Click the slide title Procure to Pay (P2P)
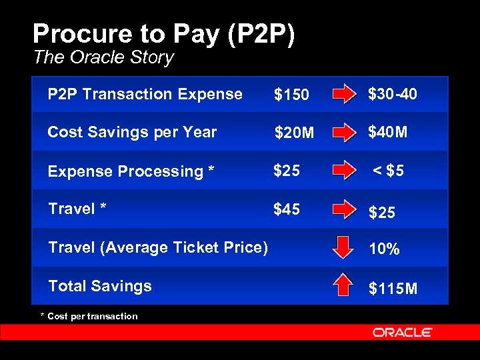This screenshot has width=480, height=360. [x=163, y=35]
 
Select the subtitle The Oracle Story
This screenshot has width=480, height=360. [x=103, y=57]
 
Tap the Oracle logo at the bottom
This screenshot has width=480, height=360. [x=402, y=332]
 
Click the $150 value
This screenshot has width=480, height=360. [x=291, y=95]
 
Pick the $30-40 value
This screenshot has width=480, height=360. [x=393, y=94]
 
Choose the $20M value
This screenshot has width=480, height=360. [x=294, y=133]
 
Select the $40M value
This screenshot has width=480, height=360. [x=387, y=132]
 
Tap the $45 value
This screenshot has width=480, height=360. [x=287, y=209]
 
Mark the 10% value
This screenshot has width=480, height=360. [x=384, y=249]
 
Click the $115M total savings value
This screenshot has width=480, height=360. [x=393, y=289]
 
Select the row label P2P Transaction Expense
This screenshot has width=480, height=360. [x=145, y=94]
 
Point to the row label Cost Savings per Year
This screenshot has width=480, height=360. [x=132, y=132]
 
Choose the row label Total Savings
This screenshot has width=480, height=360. [x=100, y=286]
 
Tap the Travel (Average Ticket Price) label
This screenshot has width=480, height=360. [x=158, y=247]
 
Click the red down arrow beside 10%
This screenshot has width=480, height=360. [x=343, y=247]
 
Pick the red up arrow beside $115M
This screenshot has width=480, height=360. [x=343, y=285]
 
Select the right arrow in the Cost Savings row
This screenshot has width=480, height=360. [x=345, y=132]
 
